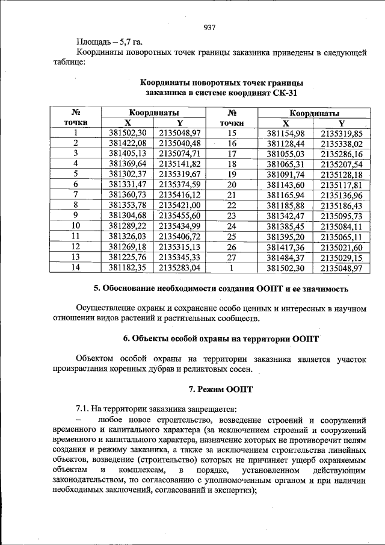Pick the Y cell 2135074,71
[x=179, y=153]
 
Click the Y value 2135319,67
[x=179, y=173]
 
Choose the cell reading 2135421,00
[x=179, y=204]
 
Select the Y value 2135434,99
[x=179, y=225]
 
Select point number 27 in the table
[x=230, y=257]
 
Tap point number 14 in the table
[x=76, y=267]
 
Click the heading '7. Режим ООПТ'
[x=221, y=388]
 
